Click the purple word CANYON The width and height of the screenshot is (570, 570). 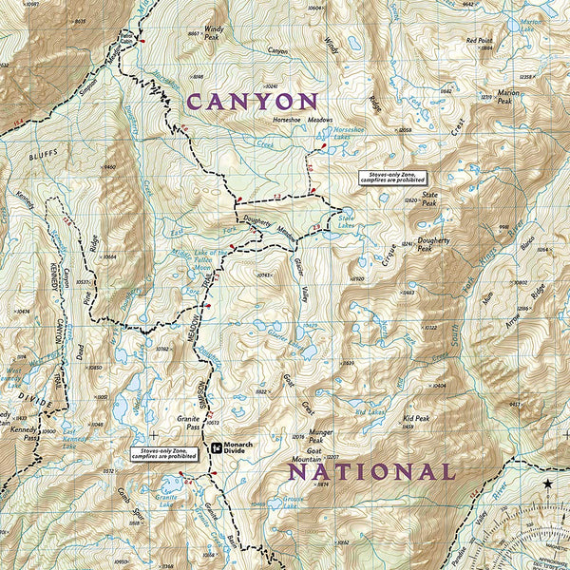click(253, 102)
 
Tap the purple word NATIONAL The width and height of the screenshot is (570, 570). click(371, 471)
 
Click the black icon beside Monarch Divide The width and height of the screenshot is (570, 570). click(217, 446)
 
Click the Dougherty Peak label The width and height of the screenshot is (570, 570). click(433, 244)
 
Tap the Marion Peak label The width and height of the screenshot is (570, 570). click(509, 96)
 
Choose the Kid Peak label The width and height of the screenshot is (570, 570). click(416, 418)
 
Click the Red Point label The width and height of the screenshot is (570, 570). click(480, 41)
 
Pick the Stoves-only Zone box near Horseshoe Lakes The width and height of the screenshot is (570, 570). click(392, 178)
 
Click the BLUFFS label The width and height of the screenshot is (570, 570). click(43, 152)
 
